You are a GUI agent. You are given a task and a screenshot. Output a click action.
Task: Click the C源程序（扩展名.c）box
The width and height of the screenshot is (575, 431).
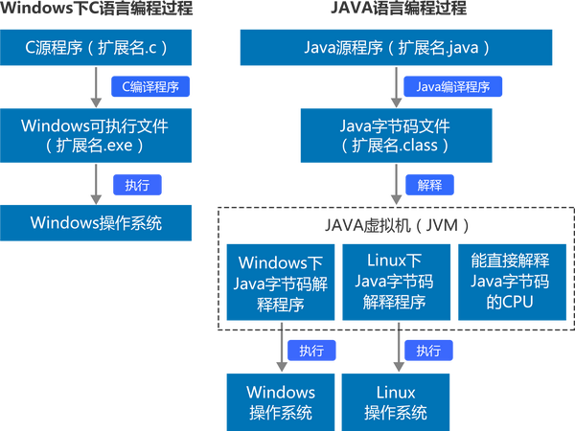(96, 46)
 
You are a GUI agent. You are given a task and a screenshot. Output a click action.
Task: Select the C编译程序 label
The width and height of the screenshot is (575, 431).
(150, 86)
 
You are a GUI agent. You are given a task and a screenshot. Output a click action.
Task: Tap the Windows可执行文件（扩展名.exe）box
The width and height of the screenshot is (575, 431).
(96, 135)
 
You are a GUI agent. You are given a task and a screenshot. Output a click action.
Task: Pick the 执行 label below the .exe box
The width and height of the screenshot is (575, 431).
(137, 183)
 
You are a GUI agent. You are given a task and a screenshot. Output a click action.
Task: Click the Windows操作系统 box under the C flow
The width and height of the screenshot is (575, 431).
(96, 223)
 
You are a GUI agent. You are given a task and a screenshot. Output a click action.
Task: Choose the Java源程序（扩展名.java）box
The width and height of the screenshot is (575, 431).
(396, 46)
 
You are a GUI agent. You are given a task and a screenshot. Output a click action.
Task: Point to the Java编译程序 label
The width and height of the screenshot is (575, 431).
(452, 86)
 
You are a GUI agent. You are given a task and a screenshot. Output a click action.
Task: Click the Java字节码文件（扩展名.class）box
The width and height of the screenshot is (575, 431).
(396, 135)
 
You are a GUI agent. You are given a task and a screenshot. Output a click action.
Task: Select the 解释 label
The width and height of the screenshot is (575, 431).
(429, 184)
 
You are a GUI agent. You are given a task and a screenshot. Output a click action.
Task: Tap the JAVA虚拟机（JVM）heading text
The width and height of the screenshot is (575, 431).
(396, 226)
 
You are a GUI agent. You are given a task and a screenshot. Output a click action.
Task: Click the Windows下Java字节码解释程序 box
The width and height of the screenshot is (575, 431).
(282, 282)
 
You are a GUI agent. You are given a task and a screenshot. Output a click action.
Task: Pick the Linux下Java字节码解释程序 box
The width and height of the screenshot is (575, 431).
(396, 282)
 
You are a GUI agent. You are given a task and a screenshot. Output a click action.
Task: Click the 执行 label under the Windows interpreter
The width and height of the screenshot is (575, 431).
(311, 351)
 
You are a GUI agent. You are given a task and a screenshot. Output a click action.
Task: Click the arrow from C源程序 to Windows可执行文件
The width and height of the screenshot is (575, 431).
(96, 87)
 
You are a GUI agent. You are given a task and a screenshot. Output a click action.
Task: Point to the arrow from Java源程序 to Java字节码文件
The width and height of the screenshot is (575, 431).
(396, 87)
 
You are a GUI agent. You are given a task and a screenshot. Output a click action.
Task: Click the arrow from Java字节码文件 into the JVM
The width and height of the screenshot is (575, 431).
(396, 184)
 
